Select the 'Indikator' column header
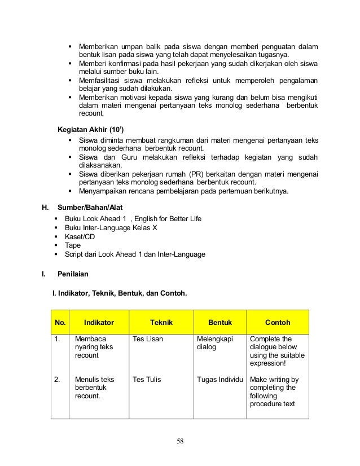point(99,323)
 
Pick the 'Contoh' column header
point(278,323)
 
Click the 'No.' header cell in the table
point(60,323)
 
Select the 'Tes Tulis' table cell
point(146,380)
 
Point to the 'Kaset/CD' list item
point(80,236)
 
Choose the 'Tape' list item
point(73,245)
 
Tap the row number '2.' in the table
point(57,380)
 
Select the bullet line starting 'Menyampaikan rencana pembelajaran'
point(183,191)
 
